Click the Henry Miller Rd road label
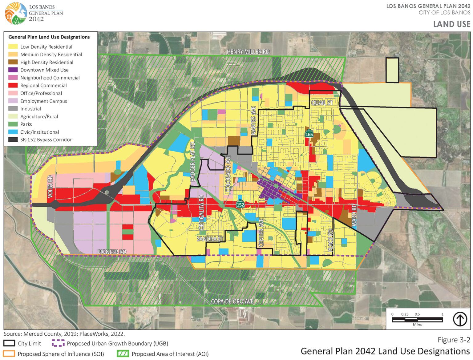(x=248, y=52)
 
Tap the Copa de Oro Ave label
(x=232, y=301)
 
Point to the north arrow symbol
(x=460, y=319)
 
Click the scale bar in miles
(x=417, y=320)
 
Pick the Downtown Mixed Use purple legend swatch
(x=13, y=70)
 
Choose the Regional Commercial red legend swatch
(x=13, y=85)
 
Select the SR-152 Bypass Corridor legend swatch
(x=13, y=140)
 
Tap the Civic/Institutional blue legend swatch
(x=13, y=132)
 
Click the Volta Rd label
(x=51, y=187)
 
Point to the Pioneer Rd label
(x=112, y=252)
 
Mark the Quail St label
(x=322, y=103)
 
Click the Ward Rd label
(x=354, y=215)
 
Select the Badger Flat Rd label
(x=193, y=161)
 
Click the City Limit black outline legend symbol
(x=9, y=343)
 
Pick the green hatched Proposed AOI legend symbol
(x=123, y=354)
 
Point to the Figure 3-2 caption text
(x=454, y=340)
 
